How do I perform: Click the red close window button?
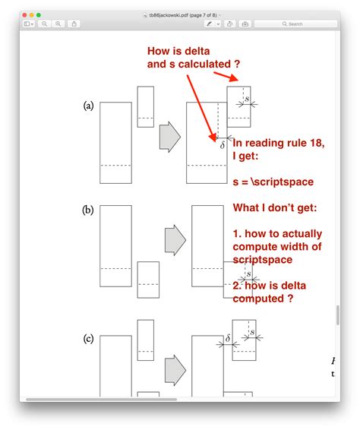tap(24, 14)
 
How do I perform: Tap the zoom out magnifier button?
tap(46, 24)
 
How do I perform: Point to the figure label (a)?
tap(88, 106)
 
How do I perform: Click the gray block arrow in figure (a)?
tap(169, 138)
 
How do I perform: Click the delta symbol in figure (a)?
tap(222, 143)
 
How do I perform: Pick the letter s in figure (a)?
tap(247, 100)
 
